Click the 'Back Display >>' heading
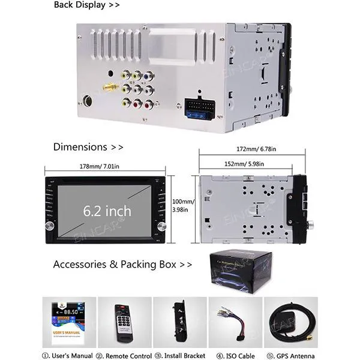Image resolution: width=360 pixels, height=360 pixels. pos(87,5)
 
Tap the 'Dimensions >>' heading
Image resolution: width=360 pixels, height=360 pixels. pos(88,146)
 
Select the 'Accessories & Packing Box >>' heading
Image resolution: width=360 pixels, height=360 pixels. pos(122,264)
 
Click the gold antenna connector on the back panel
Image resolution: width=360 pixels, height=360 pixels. pos(109,87)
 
